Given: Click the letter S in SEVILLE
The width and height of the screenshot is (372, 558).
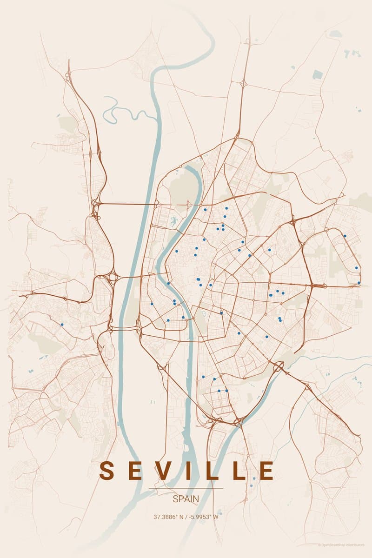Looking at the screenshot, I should pyautogui.click(x=107, y=471).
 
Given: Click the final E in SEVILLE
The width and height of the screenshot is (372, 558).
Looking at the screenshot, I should pyautogui.click(x=266, y=471).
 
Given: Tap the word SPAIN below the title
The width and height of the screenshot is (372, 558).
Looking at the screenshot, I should pyautogui.click(x=186, y=499).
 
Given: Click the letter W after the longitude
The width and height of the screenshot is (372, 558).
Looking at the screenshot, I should pyautogui.click(x=216, y=517).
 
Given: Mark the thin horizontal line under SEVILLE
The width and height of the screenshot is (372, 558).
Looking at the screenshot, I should pyautogui.click(x=186, y=488).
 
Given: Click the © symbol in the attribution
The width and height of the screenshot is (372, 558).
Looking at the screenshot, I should pyautogui.click(x=319, y=545).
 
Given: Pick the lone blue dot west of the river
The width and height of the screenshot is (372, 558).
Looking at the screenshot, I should pyautogui.click(x=62, y=324).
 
